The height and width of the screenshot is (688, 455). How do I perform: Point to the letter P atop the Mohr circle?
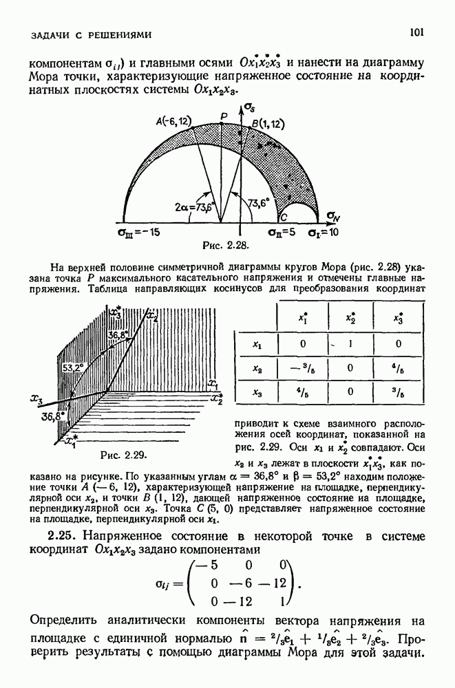222,116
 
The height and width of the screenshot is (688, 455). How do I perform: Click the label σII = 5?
282,232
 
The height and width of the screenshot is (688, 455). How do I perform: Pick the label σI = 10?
324,232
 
